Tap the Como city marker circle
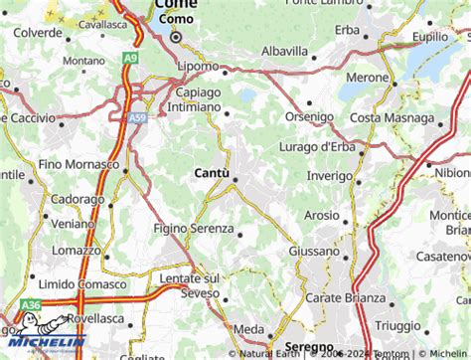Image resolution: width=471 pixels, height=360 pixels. click(176, 38)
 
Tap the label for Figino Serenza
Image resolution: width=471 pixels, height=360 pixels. click(193, 228)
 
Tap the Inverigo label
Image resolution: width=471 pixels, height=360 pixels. click(329, 176)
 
